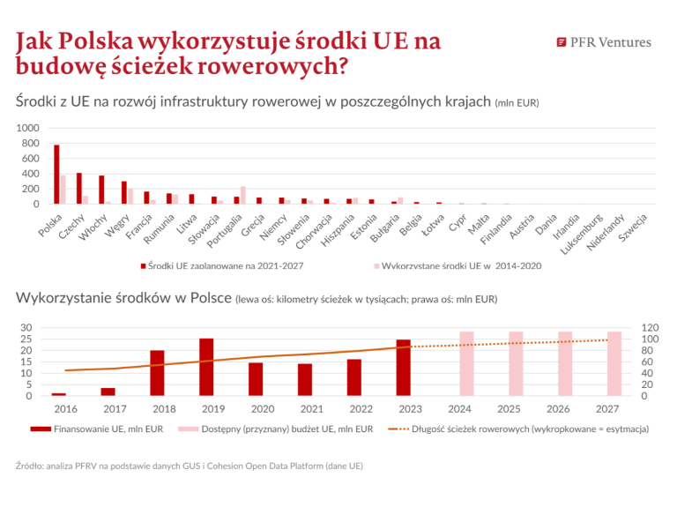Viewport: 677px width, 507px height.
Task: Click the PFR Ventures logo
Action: click(x=604, y=41)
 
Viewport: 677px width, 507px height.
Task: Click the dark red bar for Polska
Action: click(x=56, y=175)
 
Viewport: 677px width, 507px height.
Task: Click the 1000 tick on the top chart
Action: click(x=28, y=128)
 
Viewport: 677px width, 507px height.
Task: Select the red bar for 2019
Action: click(x=206, y=367)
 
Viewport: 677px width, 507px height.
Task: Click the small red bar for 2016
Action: click(x=59, y=394)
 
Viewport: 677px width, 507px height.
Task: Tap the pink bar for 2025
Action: click(x=516, y=363)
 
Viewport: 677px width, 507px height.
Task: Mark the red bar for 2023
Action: click(x=403, y=367)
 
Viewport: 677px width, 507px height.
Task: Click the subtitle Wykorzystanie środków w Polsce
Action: click(x=123, y=298)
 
